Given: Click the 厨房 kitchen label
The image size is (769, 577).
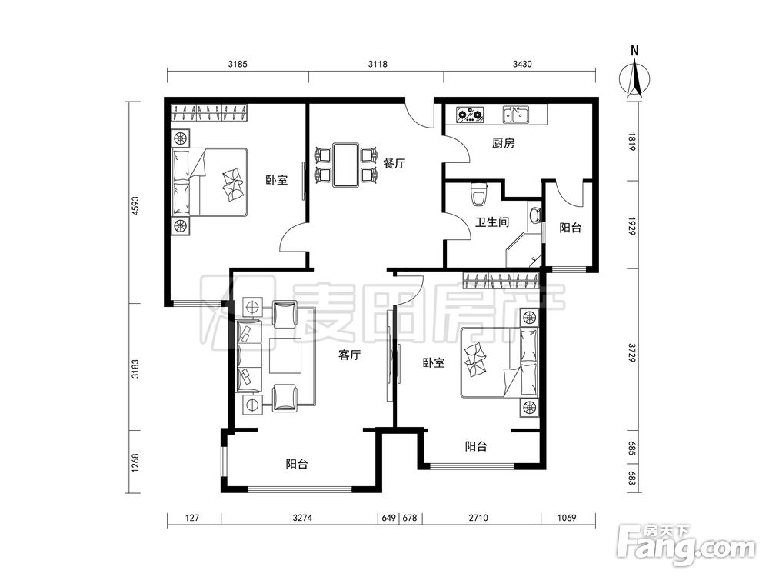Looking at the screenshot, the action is (503, 143).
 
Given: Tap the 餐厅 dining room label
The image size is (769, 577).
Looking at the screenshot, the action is (394, 163).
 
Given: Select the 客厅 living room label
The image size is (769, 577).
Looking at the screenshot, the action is (350, 355).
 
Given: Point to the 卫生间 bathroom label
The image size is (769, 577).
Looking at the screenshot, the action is (492, 222).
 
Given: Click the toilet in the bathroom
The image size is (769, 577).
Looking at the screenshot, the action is (478, 195).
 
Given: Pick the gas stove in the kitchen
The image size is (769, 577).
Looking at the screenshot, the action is (470, 115).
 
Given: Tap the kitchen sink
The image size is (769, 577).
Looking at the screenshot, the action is (515, 115).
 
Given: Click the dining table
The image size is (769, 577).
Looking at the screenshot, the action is (346, 165).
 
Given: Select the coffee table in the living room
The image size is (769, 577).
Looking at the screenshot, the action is (285, 355).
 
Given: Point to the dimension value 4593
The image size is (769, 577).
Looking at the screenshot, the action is (135, 206).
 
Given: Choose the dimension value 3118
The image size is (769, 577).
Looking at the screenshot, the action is (378, 64).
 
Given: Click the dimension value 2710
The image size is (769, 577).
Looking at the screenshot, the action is (478, 518).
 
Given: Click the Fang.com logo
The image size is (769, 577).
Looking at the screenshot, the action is (686, 544).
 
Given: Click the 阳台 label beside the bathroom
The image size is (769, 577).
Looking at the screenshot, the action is (571, 228).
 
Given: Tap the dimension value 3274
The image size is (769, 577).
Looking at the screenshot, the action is (302, 518).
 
